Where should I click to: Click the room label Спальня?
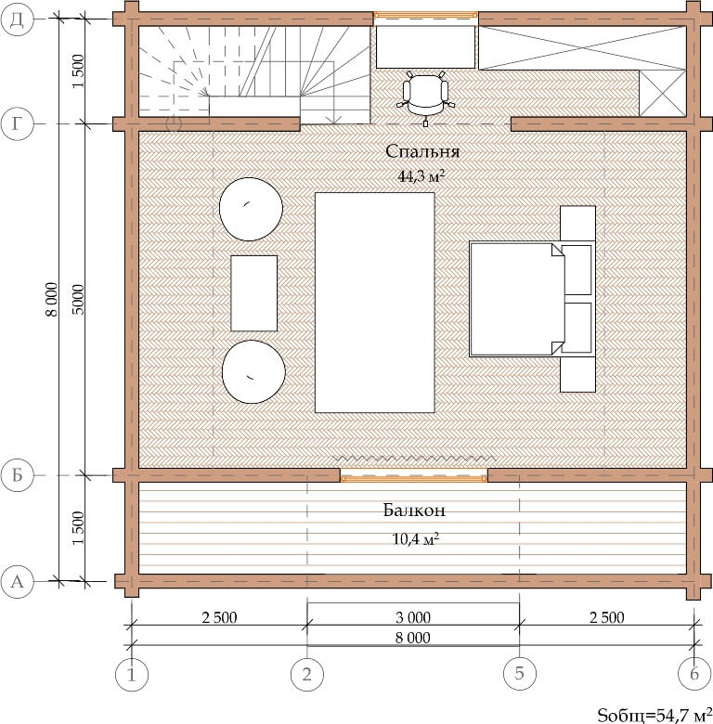(x=422, y=151)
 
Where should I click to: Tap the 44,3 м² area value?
(x=421, y=176)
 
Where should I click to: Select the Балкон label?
(x=414, y=511)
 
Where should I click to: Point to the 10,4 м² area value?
(x=415, y=538)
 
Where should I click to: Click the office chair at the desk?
(x=425, y=97)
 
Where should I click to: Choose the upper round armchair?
(x=251, y=209)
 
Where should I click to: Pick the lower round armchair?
(x=253, y=371)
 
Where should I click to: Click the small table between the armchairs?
(x=254, y=293)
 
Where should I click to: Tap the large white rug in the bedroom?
(x=374, y=303)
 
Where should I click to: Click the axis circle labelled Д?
(x=17, y=19)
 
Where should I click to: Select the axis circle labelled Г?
(x=17, y=123)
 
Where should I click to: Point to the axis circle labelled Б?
(x=17, y=475)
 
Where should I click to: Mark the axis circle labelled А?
(x=17, y=581)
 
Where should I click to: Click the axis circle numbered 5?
(x=520, y=674)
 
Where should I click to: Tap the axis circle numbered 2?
(x=307, y=674)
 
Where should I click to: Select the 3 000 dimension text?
(x=413, y=617)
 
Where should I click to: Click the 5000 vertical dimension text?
(x=79, y=300)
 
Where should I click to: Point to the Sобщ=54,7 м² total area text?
(x=655, y=715)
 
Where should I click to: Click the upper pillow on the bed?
(x=577, y=270)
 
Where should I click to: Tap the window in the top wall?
(x=425, y=15)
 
